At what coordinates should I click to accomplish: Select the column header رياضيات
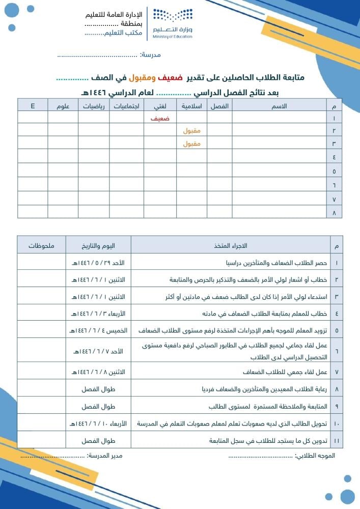94,106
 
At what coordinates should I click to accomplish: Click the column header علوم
63,106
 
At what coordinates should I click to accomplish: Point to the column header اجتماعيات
127,106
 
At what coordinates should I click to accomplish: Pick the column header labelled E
33,106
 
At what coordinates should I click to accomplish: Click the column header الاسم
281,106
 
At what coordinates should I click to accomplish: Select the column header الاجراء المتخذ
231,246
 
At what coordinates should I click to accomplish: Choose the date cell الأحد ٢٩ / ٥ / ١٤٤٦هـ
99,263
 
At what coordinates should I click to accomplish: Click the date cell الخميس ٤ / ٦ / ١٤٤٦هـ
99,330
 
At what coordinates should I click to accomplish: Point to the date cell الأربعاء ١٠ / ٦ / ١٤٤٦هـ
99,423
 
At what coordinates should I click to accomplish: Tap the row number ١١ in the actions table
336,440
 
